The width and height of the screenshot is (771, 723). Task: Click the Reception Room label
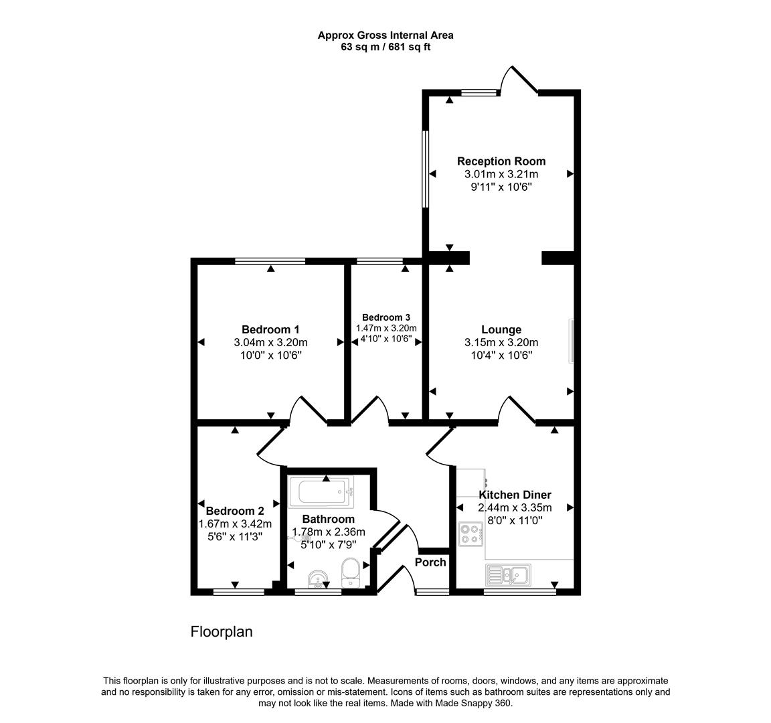click(501, 161)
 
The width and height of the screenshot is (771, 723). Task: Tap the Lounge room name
click(501, 329)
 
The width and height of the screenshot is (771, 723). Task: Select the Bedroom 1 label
click(270, 329)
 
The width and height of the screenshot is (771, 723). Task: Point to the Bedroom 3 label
click(386, 317)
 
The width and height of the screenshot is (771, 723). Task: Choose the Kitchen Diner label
click(515, 495)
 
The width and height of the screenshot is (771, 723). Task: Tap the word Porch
click(430, 562)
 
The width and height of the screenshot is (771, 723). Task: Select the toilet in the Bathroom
click(350, 573)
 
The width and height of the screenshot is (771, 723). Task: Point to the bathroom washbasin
click(317, 578)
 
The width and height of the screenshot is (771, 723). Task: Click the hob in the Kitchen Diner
click(471, 534)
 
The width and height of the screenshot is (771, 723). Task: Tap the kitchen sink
click(509, 574)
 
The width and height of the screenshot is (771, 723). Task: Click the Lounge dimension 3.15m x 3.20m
click(501, 343)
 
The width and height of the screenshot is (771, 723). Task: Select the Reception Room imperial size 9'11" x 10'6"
click(501, 187)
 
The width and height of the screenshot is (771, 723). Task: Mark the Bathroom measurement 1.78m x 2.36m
click(329, 532)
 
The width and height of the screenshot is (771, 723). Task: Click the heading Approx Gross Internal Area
click(385, 35)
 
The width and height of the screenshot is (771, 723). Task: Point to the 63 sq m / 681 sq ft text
click(385, 47)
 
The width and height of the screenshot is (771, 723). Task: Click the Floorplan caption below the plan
click(222, 631)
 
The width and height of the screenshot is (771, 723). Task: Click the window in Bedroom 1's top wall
click(270, 261)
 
